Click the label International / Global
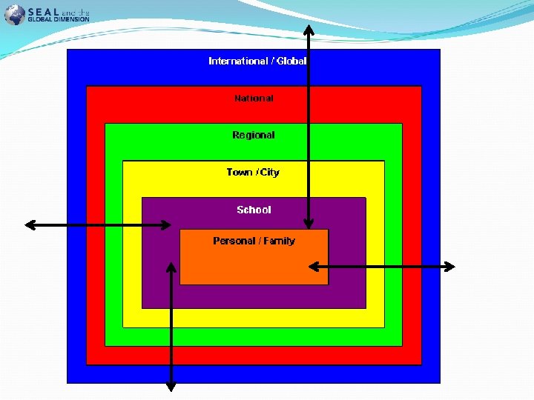pos(257,61)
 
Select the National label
pos(254,98)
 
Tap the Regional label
pos(254,135)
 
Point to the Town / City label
pos(253,172)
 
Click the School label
pos(254,210)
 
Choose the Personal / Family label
pos(254,241)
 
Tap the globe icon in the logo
pos(14,15)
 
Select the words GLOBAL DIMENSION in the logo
pos(59,19)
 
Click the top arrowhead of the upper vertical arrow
pos(309,30)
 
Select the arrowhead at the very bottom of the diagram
pos(171,385)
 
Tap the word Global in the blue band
pos(291,61)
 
